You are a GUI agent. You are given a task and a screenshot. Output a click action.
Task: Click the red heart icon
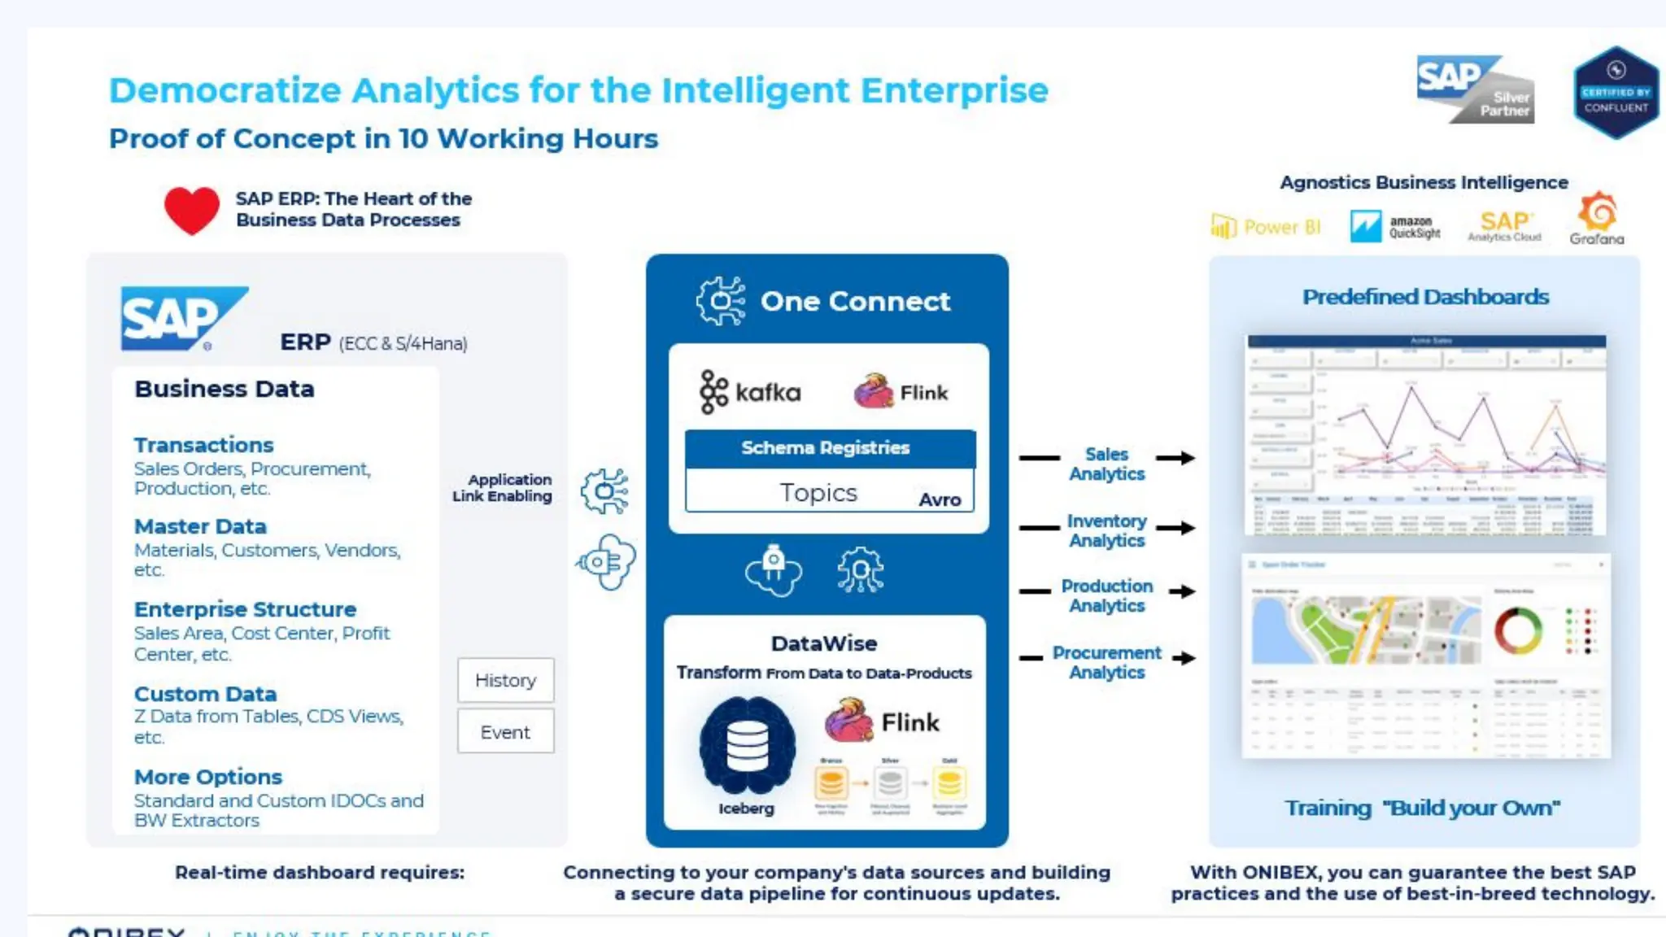(192, 210)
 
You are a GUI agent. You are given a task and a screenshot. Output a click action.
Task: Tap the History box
(505, 680)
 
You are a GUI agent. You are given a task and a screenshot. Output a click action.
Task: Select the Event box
(505, 732)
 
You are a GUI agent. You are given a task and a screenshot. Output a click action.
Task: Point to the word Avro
(940, 499)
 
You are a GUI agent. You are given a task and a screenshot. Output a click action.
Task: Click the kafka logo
(750, 392)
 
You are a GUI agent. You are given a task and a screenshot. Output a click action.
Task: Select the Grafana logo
(1597, 218)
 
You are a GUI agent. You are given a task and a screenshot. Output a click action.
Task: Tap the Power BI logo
(1266, 226)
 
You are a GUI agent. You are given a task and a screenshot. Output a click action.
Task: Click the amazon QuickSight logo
(1395, 226)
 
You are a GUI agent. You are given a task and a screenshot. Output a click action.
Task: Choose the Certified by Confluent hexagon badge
(1616, 93)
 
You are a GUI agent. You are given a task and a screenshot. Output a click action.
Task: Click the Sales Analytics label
(1106, 464)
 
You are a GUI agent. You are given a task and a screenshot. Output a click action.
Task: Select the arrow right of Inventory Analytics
(1175, 528)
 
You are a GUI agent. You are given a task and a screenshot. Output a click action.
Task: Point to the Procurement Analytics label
(1106, 662)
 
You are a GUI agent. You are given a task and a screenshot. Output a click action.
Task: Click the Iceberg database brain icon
(747, 745)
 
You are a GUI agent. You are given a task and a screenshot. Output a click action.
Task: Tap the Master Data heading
(200, 526)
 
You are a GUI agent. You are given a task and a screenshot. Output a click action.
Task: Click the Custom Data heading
(205, 694)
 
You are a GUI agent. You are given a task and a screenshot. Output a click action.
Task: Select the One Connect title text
(855, 302)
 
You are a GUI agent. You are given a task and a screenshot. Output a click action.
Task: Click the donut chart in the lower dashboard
(1518, 630)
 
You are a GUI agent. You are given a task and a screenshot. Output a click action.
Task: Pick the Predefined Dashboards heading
(1425, 297)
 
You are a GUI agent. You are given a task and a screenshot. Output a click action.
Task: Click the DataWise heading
(824, 643)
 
